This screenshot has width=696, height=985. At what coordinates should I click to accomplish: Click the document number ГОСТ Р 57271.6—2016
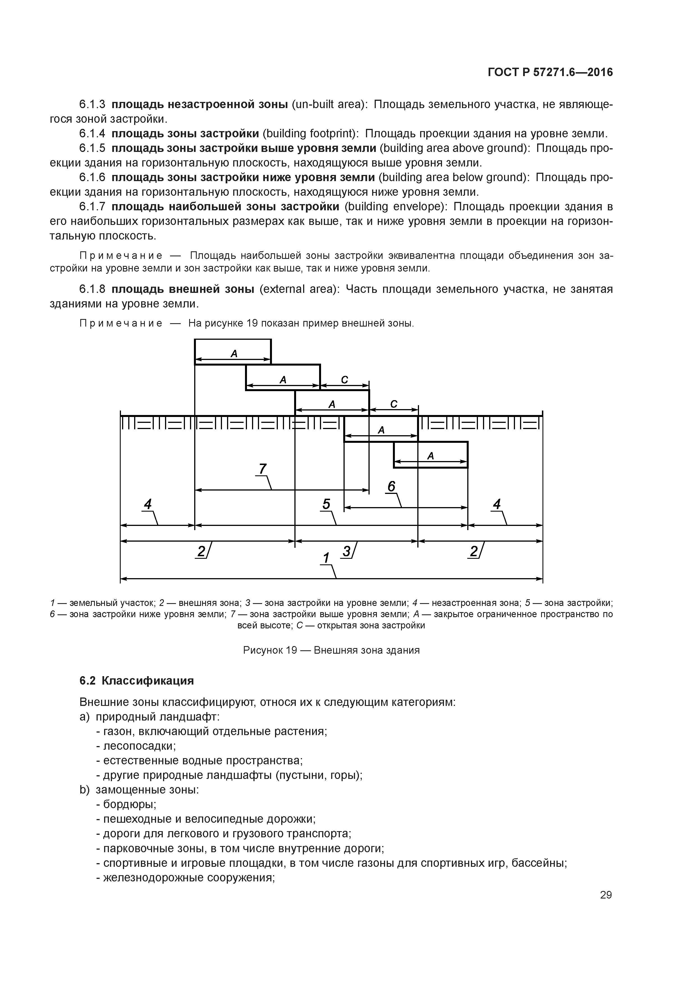pyautogui.click(x=550, y=72)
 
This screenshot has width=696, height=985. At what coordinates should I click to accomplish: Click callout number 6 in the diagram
pyautogui.click(x=391, y=487)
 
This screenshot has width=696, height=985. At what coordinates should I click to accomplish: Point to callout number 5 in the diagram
pyautogui.click(x=326, y=504)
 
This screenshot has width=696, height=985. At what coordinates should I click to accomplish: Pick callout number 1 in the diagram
pyautogui.click(x=326, y=558)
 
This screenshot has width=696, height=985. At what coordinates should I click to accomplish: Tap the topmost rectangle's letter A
pyautogui.click(x=234, y=354)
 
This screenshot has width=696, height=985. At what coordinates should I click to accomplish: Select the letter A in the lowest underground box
pyautogui.click(x=431, y=456)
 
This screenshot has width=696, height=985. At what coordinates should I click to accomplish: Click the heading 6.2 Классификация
pyautogui.click(x=136, y=681)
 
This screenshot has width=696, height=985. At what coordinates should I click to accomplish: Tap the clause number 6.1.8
pyautogui.click(x=92, y=289)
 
